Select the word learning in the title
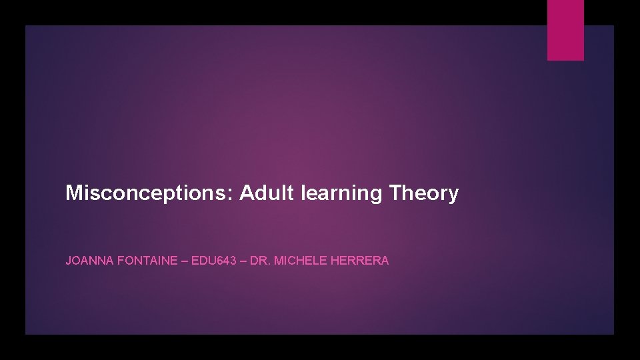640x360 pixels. pos(342,194)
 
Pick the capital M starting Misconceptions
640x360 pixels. pos(73,193)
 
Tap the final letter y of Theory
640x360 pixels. pos(453,195)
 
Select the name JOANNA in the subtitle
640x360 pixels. pos(89,261)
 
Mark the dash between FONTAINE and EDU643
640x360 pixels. pos(185,261)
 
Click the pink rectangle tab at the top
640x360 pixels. pos(565,30)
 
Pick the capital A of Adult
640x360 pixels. pos(247,193)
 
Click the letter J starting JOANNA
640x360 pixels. pos(68,261)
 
